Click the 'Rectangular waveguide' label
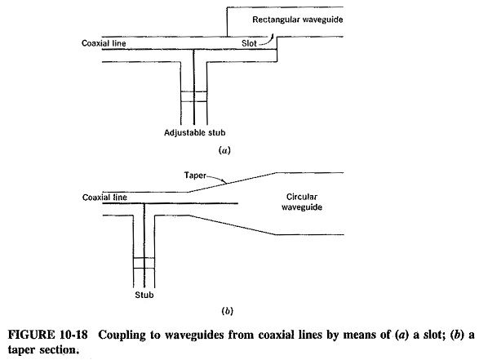(297, 20)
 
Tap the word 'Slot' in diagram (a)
(249, 43)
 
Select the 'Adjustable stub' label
(194, 132)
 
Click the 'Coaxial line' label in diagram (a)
(104, 43)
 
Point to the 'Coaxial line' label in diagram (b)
(104, 198)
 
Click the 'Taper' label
(195, 176)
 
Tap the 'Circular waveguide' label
(301, 202)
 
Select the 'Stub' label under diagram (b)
(144, 295)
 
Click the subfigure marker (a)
(224, 150)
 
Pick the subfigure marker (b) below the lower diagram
(227, 311)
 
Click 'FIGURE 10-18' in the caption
(47, 335)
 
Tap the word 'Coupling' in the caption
(122, 335)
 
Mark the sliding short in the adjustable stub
(194, 96)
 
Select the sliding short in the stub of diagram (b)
(144, 263)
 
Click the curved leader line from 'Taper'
(218, 179)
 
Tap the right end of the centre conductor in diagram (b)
(237, 203)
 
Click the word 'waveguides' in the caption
(194, 336)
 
